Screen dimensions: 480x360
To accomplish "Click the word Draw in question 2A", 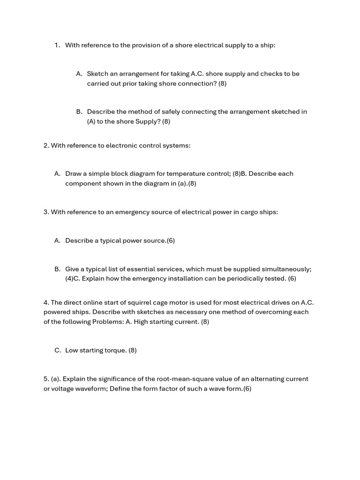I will (x=73, y=173).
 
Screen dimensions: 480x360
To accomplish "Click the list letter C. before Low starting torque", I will (x=58, y=350).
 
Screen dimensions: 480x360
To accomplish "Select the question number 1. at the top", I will (x=57, y=45).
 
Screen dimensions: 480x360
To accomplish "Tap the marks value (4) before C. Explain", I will (x=69, y=278).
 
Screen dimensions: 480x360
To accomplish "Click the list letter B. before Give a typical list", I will (x=58, y=269).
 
